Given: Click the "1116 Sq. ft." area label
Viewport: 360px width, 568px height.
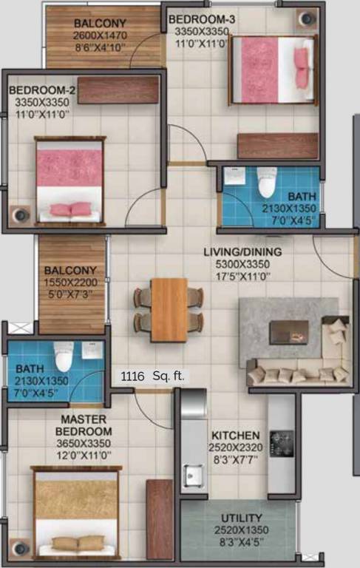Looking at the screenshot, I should point(154,376).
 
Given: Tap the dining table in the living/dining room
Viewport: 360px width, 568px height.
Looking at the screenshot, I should point(169,309).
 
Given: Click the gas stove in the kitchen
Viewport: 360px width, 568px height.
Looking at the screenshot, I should point(281,443).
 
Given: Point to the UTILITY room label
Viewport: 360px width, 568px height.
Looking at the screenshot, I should point(241,518).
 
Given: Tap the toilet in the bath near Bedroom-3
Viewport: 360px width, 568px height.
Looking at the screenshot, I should point(266,182).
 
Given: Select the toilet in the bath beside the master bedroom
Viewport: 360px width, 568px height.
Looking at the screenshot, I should point(64,357).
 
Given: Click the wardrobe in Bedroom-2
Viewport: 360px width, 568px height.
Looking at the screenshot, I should point(118,90).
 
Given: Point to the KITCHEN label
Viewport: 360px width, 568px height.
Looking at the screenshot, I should point(236,436).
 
